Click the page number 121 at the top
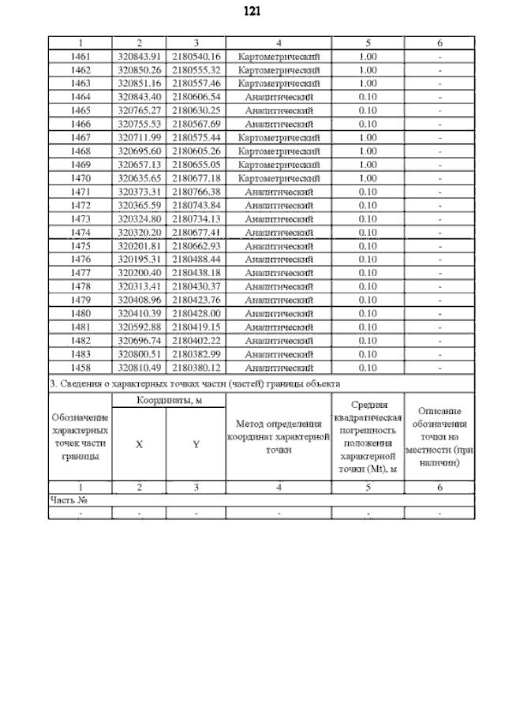(x=253, y=12)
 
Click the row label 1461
(x=80, y=57)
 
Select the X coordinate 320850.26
(x=139, y=70)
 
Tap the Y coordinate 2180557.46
(x=196, y=84)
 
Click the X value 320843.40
(x=139, y=97)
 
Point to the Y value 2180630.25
(x=196, y=110)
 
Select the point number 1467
(x=80, y=138)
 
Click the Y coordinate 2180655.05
(x=196, y=165)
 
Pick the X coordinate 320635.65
(x=139, y=178)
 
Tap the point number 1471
(x=80, y=192)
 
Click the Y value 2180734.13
(x=196, y=219)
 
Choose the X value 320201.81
(x=139, y=245)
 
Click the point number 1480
(x=80, y=313)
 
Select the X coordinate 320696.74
(x=139, y=340)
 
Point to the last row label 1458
(x=80, y=367)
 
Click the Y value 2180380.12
(x=196, y=367)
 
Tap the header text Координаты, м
(x=168, y=400)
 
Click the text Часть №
(x=68, y=499)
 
